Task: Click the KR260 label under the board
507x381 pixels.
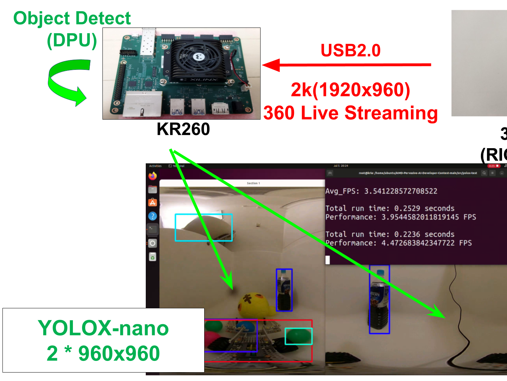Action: pyautogui.click(x=183, y=129)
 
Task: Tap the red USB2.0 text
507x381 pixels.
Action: pyautogui.click(x=350, y=50)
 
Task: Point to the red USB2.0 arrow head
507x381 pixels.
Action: pyautogui.click(x=271, y=65)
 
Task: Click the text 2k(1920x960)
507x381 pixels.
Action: pyautogui.click(x=350, y=90)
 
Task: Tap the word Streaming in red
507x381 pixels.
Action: pyautogui.click(x=391, y=113)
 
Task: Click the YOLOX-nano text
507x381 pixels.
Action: pyautogui.click(x=103, y=328)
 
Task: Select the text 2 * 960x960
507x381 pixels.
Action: pyautogui.click(x=103, y=353)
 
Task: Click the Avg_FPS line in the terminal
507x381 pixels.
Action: pyautogui.click(x=381, y=191)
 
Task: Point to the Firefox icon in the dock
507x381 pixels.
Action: pyautogui.click(x=152, y=176)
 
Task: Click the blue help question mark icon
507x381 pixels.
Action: pyautogui.click(x=152, y=216)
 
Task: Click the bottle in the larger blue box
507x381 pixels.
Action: pyautogui.click(x=379, y=300)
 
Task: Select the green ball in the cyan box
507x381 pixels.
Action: pyautogui.click(x=298, y=336)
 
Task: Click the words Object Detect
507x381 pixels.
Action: pyautogui.click(x=72, y=18)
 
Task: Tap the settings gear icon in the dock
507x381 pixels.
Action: pyautogui.click(x=152, y=243)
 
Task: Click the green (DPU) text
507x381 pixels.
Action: pyautogui.click(x=72, y=40)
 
